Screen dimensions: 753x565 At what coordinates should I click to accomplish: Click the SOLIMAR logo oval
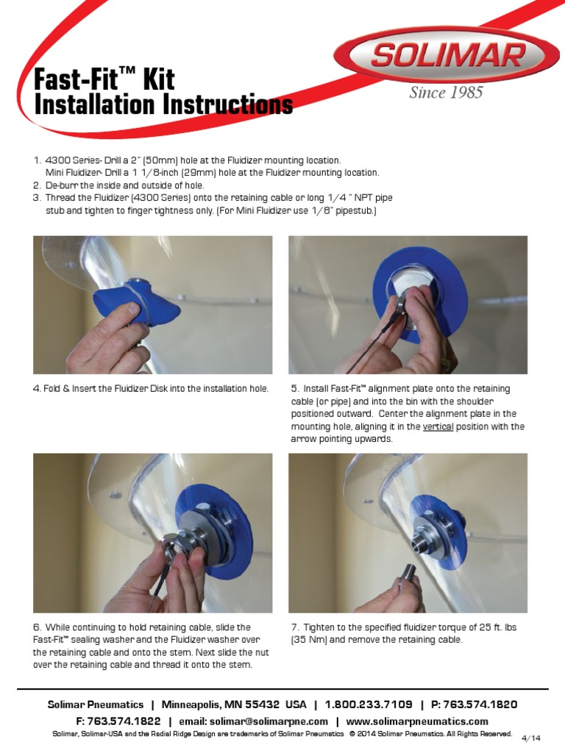tap(451, 55)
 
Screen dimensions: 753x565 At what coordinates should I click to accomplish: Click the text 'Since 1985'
tap(446, 93)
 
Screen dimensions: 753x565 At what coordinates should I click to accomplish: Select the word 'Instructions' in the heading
tap(227, 105)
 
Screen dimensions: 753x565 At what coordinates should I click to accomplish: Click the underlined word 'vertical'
tap(438, 427)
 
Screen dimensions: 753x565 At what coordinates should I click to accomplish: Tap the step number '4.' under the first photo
tap(37, 388)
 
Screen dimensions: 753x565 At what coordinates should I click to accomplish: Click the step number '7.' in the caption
tap(295, 627)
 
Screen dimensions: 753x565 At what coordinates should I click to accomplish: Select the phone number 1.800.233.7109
tap(369, 704)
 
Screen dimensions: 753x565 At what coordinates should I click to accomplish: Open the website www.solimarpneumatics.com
tap(417, 721)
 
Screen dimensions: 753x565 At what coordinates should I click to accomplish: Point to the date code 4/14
tap(530, 738)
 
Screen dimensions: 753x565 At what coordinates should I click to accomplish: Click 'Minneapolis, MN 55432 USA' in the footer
tap(234, 704)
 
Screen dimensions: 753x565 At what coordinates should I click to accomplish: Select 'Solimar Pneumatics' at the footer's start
tap(96, 704)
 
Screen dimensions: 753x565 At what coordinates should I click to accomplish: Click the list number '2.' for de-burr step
tap(37, 185)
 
